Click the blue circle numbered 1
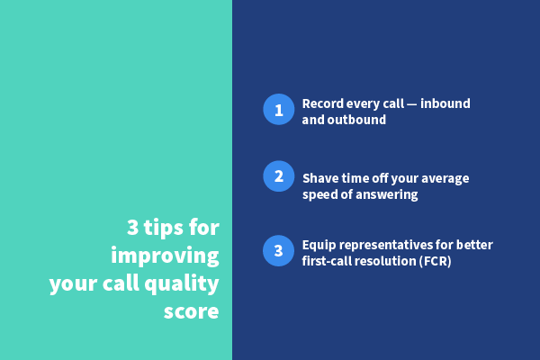coord(278,110)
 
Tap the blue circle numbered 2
coord(278,175)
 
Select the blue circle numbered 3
coord(278,250)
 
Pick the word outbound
coord(355,119)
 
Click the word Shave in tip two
coord(320,178)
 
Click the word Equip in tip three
coord(319,245)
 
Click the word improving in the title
coord(165,256)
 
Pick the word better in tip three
coord(473,245)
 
